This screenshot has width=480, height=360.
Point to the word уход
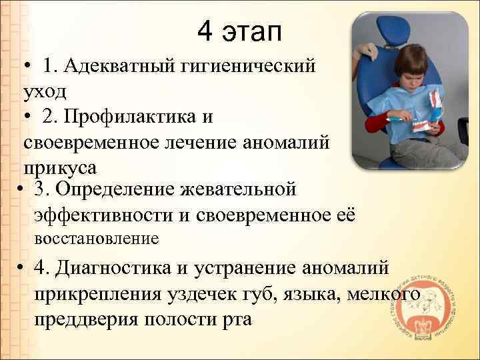[x=45, y=89]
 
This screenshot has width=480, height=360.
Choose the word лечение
[x=211, y=142]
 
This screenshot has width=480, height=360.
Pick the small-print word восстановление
[x=95, y=238]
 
